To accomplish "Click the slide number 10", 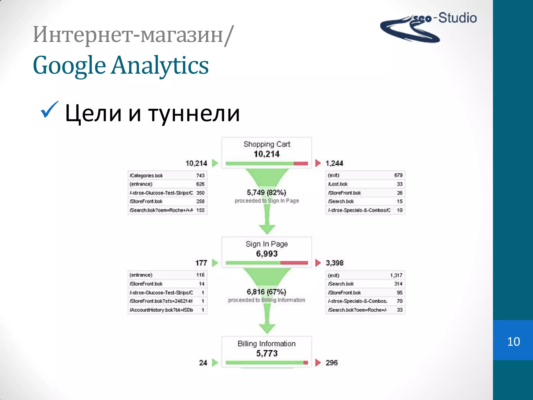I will point(513,341).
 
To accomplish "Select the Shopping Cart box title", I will point(267,144).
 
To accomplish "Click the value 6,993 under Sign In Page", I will point(267,254).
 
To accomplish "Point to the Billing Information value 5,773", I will point(267,353).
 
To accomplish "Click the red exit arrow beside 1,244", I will point(318,163).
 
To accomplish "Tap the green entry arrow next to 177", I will point(215,263).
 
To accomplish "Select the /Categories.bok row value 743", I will point(200,176).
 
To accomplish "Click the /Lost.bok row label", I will point(338,184).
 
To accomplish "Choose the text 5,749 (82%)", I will point(266,192).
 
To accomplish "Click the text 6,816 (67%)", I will point(266,292).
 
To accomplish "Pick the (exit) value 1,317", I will point(396,275).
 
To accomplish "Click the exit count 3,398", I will point(334,263).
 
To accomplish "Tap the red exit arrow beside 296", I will point(318,362).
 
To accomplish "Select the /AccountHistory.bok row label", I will point(161,310).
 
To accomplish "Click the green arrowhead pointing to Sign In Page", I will point(267,229).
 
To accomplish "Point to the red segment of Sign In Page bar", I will point(294,263).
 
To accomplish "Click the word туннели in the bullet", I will point(194,114).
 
